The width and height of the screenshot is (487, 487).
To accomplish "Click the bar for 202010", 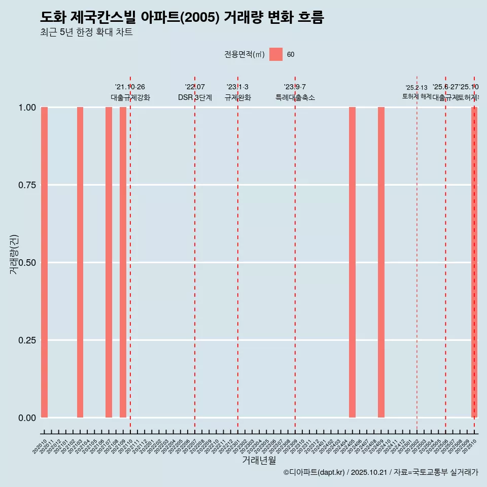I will [x=44, y=262].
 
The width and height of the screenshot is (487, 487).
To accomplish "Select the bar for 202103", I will [x=80, y=262].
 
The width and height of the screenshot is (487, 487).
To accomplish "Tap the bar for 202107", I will [x=109, y=262].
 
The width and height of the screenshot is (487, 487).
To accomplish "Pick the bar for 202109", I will [x=123, y=262].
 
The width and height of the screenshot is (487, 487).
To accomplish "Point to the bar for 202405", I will [x=352, y=262].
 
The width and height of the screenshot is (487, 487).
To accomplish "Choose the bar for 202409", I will [x=381, y=262].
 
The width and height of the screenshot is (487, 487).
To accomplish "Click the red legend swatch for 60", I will [x=276, y=54].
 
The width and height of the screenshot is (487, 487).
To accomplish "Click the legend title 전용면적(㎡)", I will [x=245, y=55].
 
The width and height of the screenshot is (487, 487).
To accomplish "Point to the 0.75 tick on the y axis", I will [x=27, y=185].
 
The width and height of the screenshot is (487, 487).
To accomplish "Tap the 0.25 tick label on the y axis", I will [x=27, y=340].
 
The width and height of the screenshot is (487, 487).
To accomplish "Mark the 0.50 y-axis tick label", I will [x=27, y=263].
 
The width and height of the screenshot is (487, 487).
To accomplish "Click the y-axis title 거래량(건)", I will [x=14, y=255].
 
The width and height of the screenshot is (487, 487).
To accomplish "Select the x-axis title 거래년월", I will [x=259, y=461].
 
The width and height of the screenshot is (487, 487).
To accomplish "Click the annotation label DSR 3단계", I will [x=195, y=97].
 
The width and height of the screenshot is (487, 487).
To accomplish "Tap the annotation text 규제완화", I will [x=238, y=97].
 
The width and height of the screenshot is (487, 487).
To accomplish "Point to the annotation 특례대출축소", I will [x=295, y=97].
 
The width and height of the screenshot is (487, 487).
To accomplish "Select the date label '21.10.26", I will [x=130, y=87].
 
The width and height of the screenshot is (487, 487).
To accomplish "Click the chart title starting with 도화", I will [x=182, y=18].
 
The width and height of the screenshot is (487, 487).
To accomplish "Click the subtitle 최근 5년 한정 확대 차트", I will [x=86, y=32].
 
